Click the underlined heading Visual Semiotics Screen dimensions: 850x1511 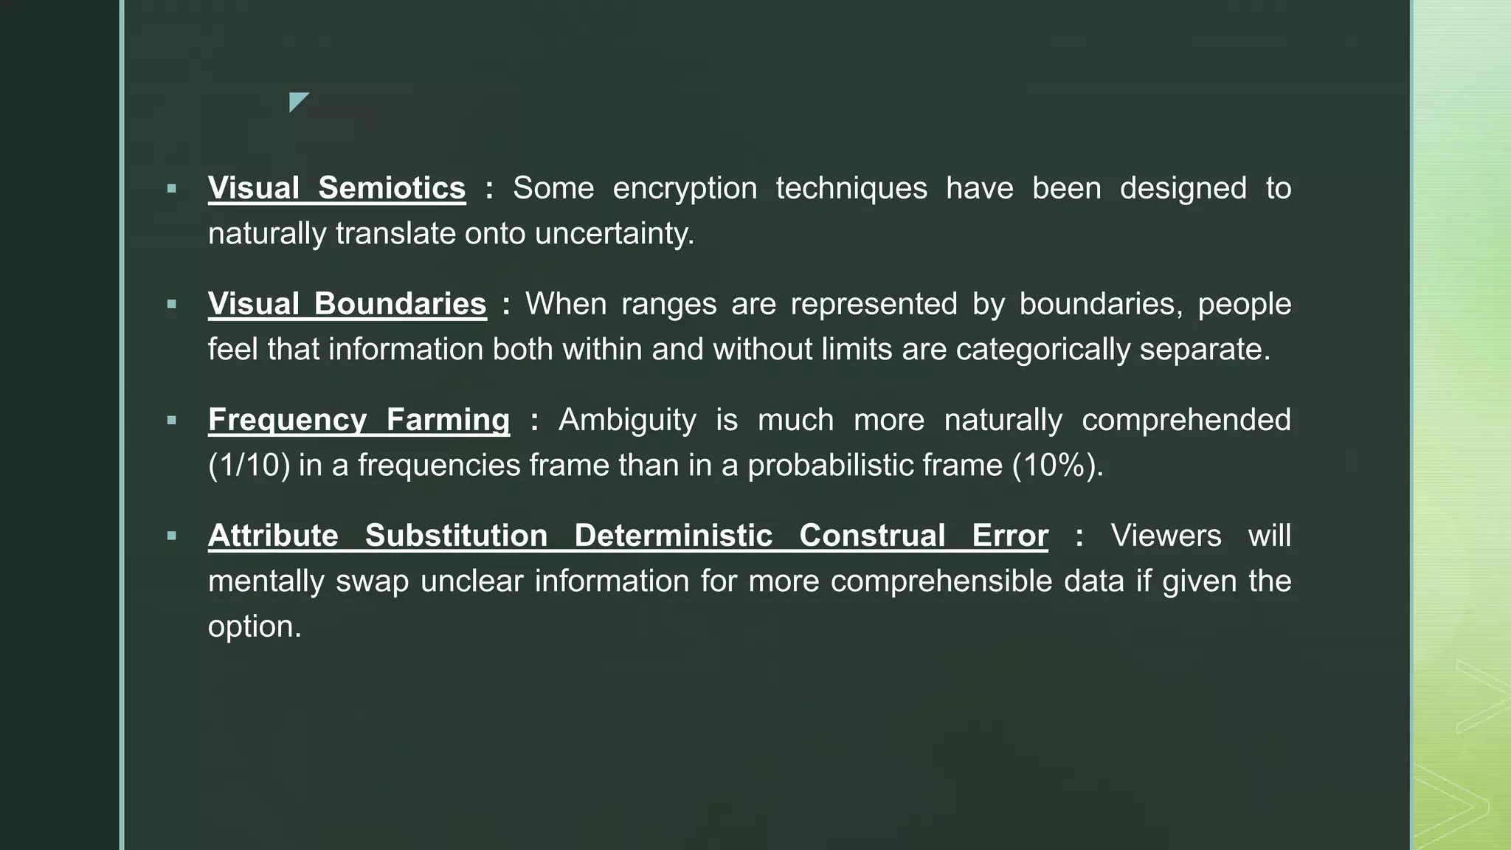click(336, 188)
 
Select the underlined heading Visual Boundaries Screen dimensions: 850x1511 click(347, 304)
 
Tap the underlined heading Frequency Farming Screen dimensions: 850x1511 click(359, 420)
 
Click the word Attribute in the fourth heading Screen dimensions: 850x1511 click(273, 536)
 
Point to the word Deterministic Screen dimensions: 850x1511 click(673, 536)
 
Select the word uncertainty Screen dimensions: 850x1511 click(614, 234)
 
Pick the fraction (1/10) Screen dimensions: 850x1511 click(249, 466)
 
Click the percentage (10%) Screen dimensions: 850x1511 click(1057, 466)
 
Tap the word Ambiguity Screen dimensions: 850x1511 click(627, 420)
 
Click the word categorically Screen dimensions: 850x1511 click(1043, 350)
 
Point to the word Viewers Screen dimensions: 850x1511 click(1166, 536)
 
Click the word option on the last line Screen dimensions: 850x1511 click(255, 627)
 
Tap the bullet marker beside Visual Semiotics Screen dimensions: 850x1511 click(172, 189)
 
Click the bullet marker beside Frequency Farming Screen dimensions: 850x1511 click(172, 421)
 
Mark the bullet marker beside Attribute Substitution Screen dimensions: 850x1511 click(172, 536)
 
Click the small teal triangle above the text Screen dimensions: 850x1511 click(297, 100)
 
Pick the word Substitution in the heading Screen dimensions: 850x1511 click(456, 536)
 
